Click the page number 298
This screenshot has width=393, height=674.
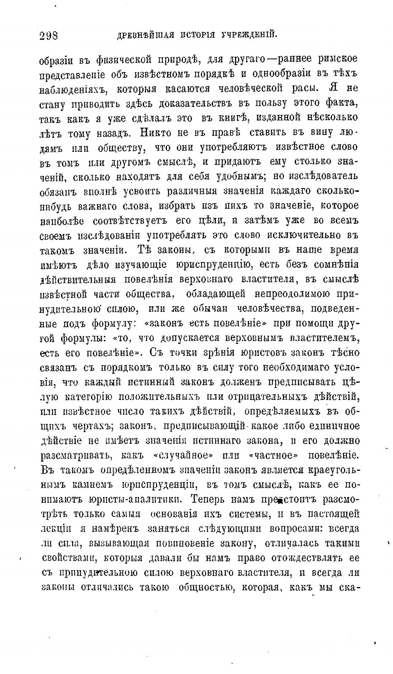pyautogui.click(x=49, y=36)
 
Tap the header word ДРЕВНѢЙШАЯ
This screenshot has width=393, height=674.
pyautogui.click(x=145, y=35)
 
